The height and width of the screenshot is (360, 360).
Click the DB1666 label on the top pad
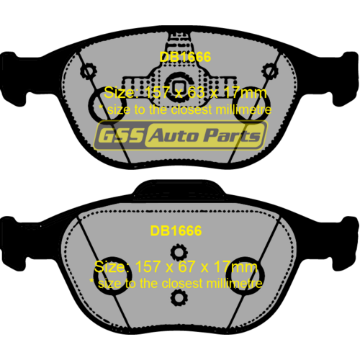point(185,57)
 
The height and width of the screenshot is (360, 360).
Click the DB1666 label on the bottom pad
point(176,231)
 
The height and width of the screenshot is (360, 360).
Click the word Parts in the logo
point(232,135)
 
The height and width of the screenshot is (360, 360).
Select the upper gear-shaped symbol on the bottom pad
point(179,252)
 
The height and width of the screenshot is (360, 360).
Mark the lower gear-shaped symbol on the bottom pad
point(179,298)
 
